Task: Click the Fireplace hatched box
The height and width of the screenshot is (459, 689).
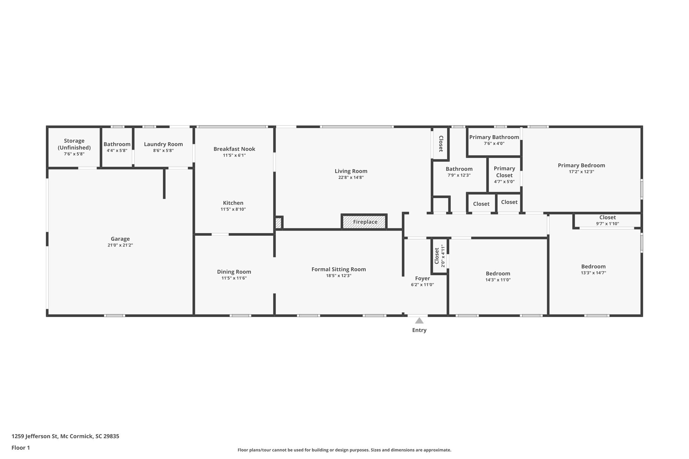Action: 364,222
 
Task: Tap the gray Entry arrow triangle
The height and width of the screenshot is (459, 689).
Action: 419,321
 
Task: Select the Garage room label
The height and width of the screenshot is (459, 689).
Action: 120,239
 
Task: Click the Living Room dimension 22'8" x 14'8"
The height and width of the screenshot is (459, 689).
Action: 351,178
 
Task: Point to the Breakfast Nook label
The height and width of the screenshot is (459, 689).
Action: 234,149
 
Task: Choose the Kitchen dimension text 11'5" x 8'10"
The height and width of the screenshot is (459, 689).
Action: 233,209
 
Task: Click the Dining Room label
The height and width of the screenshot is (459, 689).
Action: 234,272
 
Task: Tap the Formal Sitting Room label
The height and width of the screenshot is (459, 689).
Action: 338,269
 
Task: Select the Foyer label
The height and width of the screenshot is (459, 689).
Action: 422,278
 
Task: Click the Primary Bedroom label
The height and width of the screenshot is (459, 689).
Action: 581,165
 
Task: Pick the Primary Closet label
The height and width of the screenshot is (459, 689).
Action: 504,172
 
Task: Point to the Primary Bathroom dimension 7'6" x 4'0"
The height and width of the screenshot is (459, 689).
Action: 494,144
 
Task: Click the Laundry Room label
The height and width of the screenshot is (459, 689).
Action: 163,144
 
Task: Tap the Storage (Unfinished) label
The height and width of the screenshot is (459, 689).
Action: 74,144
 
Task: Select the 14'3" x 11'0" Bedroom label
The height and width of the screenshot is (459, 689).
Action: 498,274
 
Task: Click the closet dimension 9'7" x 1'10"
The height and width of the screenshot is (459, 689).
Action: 607,224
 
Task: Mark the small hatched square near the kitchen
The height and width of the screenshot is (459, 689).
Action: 278,223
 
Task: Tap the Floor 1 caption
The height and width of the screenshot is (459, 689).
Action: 21,448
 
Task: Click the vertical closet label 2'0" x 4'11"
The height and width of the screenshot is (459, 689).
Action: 443,256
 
